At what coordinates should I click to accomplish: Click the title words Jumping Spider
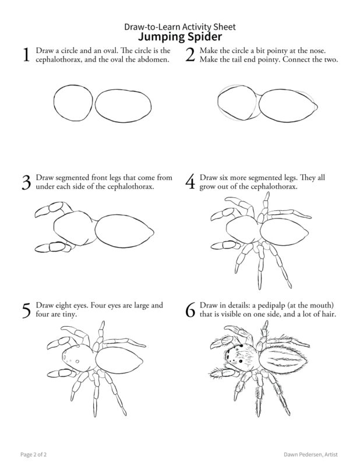(x=180, y=37)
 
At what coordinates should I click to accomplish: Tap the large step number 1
(x=26, y=55)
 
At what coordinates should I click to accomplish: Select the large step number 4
(x=190, y=182)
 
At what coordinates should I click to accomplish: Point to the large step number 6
(x=190, y=309)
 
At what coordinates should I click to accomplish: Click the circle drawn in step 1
(x=54, y=103)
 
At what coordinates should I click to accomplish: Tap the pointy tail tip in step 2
(x=317, y=107)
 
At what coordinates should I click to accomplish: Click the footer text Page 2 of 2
(x=34, y=454)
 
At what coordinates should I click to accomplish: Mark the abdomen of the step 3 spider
(x=124, y=231)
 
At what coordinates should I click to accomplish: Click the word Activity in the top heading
(x=196, y=27)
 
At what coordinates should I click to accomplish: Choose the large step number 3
(x=26, y=182)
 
